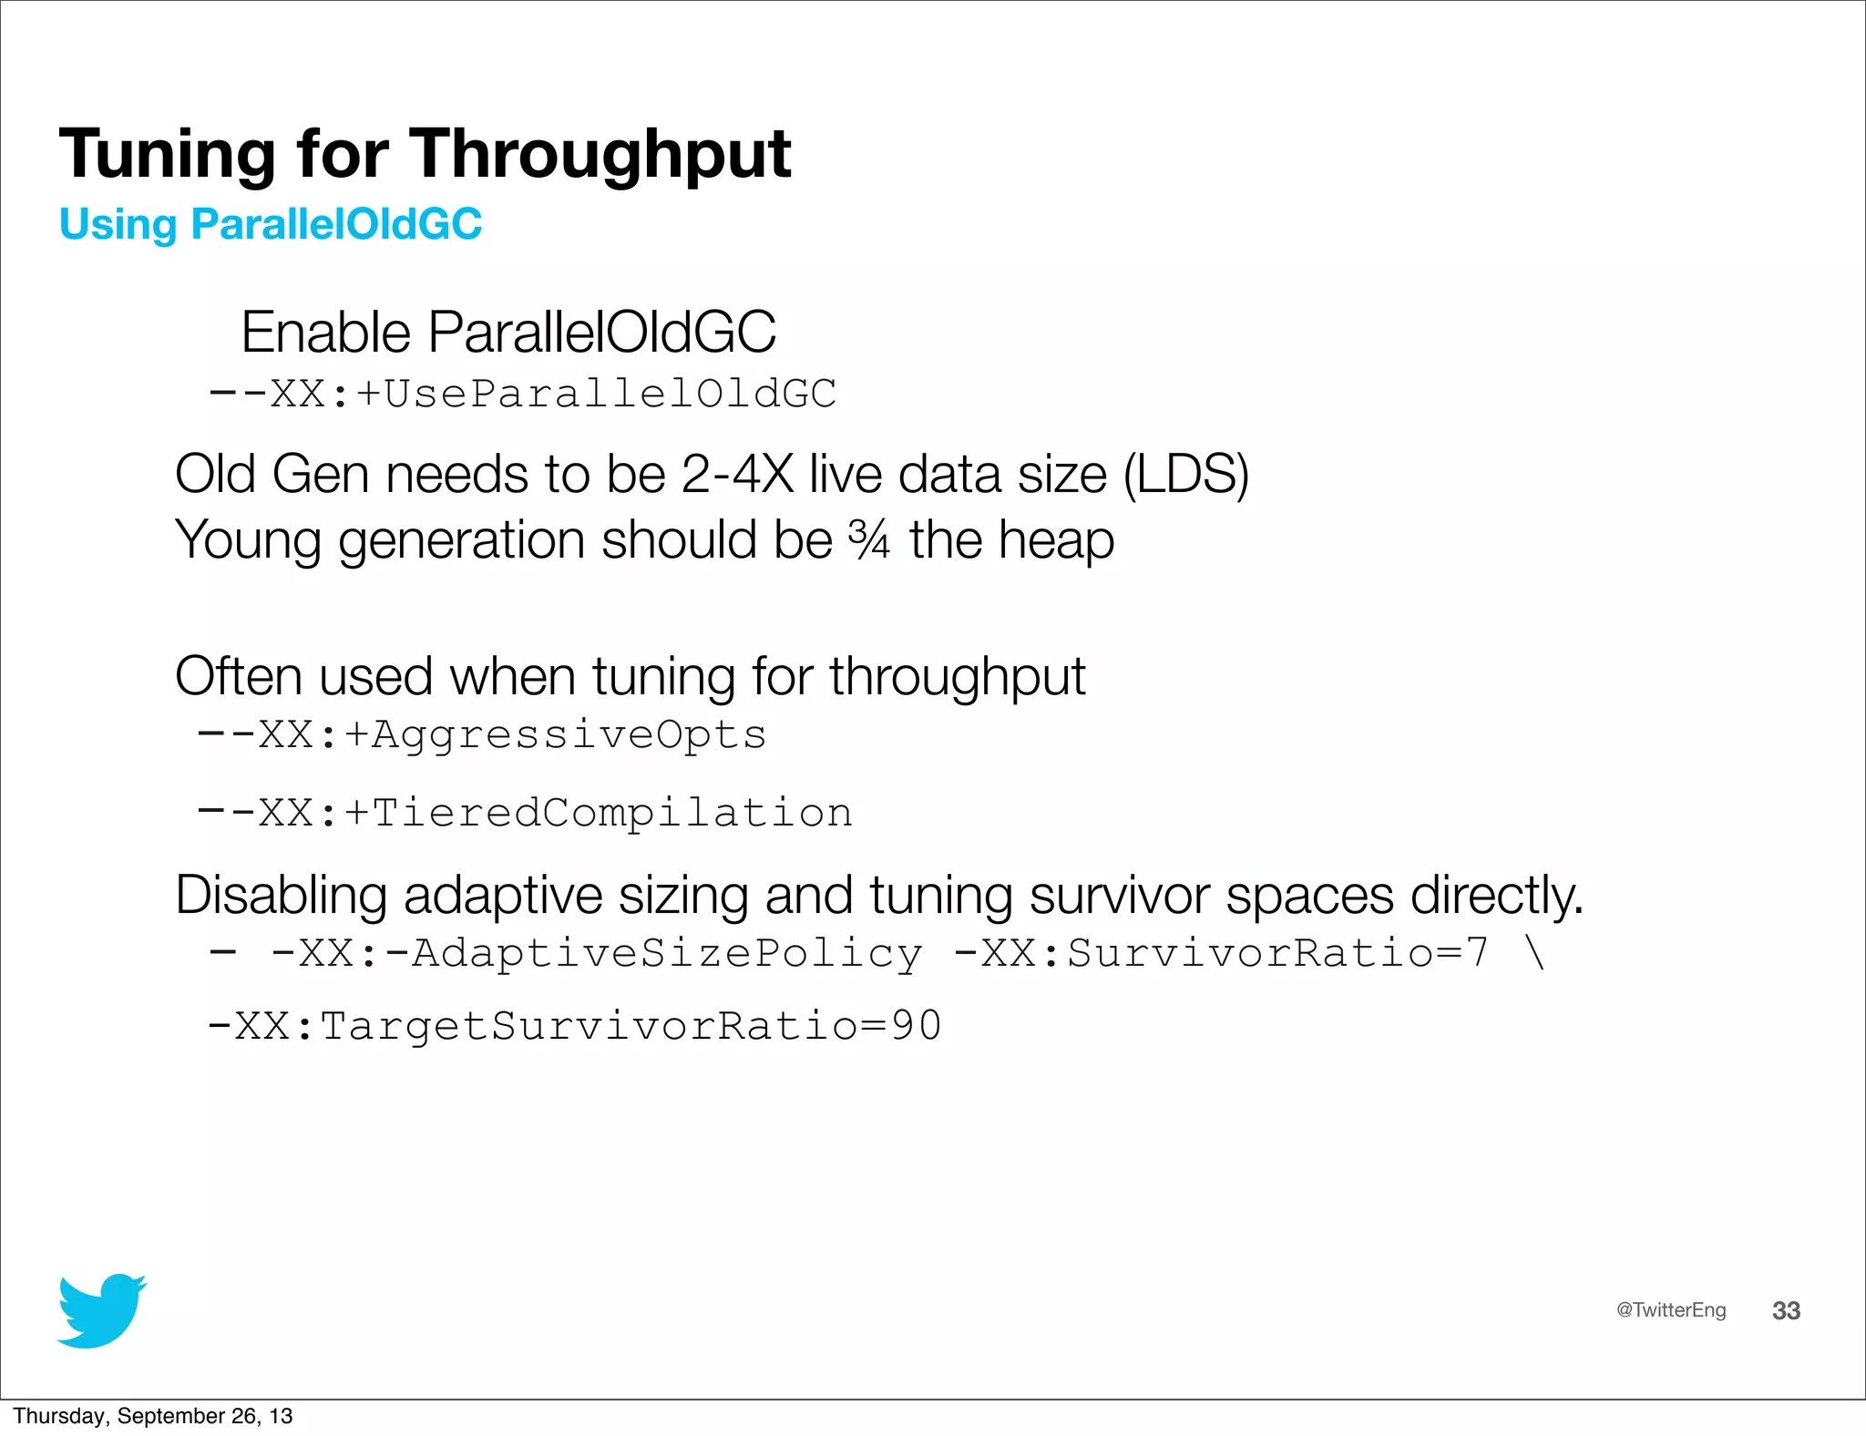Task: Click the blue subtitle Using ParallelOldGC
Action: [x=271, y=224]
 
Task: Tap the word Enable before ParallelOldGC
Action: [x=325, y=332]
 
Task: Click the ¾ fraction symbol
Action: [x=868, y=539]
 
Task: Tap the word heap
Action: [x=1056, y=540]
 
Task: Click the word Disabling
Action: [x=281, y=896]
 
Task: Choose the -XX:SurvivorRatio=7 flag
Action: [x=1221, y=954]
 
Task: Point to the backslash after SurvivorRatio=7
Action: [x=1534, y=954]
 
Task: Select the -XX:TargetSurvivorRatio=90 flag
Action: [x=575, y=1027]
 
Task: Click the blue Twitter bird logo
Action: [x=101, y=1310]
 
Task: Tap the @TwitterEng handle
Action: [x=1670, y=1310]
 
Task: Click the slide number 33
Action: [x=1786, y=1311]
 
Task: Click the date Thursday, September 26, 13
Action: [x=153, y=1416]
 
